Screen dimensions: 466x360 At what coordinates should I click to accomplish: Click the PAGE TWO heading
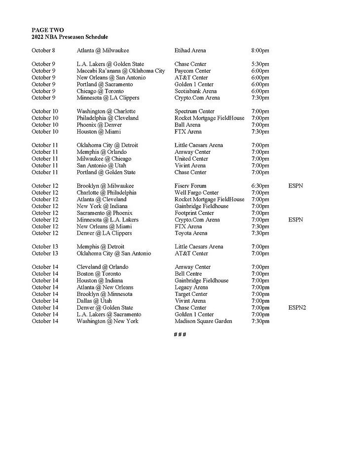[47, 30]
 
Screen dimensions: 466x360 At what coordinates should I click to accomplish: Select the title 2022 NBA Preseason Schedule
[70, 37]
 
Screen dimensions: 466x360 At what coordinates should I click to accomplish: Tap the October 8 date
[43, 50]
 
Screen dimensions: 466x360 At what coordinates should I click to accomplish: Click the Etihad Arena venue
[190, 50]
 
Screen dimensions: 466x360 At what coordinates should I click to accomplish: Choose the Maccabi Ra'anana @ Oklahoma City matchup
[121, 71]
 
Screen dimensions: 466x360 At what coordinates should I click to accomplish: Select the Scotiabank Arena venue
[195, 91]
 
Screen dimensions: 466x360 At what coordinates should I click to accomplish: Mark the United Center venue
[191, 159]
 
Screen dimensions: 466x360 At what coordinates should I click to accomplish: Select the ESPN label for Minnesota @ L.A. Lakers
[295, 220]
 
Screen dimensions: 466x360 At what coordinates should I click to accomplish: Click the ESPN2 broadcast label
[297, 308]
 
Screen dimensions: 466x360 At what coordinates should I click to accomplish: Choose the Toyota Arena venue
[191, 233]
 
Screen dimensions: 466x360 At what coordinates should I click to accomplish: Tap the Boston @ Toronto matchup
[99, 274]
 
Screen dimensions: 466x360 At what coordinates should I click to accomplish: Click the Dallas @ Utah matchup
[94, 301]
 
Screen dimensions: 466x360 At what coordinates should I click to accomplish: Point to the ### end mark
[180, 335]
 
